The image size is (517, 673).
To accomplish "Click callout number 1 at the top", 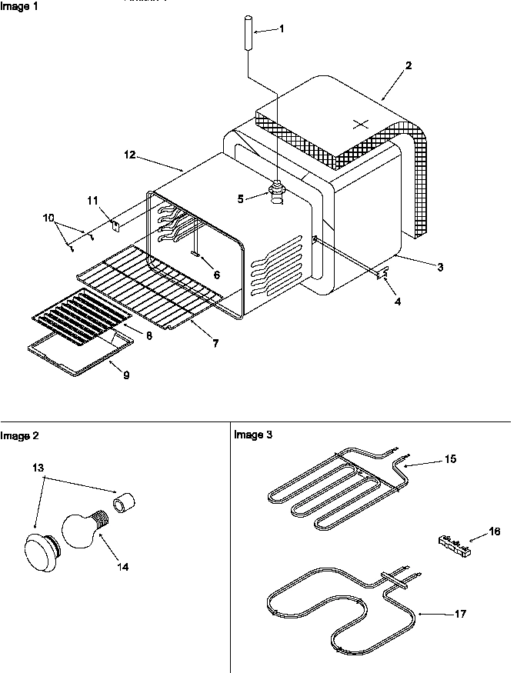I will pos(281,28).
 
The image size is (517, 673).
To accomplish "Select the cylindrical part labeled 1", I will pos(248,32).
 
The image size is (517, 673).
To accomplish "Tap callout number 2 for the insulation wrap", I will pos(409,65).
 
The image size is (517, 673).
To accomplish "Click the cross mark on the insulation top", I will pos(359,124).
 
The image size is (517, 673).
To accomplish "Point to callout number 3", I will pos(439,267).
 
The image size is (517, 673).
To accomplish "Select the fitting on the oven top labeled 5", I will pos(275,188).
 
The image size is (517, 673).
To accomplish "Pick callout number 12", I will pos(128,155).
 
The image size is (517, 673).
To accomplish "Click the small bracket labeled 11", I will pos(116,225).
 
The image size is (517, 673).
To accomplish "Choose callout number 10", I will pos(49,218).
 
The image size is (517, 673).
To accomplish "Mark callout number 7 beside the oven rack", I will pos(215,344).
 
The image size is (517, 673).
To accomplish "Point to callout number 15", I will pos(450,458).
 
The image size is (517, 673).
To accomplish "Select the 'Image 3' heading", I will pos(252,435).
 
